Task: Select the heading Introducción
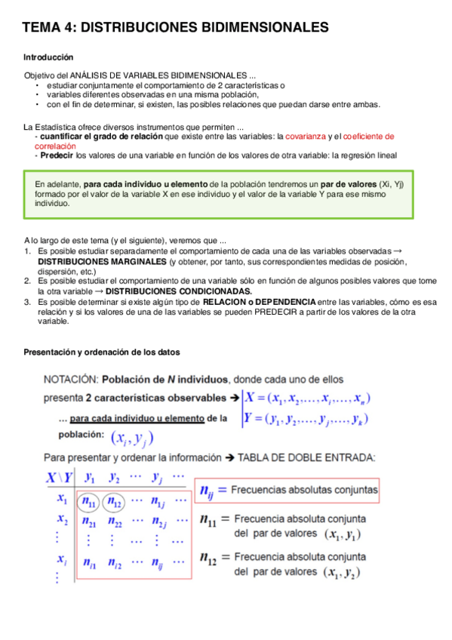(48, 57)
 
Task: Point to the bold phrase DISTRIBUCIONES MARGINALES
(102, 261)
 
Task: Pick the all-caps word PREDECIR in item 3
(280, 311)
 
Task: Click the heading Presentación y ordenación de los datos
(102, 352)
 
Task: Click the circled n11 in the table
(89, 500)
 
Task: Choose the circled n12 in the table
(115, 500)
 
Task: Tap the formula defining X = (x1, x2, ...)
(306, 398)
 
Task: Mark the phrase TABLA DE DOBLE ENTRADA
(306, 457)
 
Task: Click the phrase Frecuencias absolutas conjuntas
(304, 490)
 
